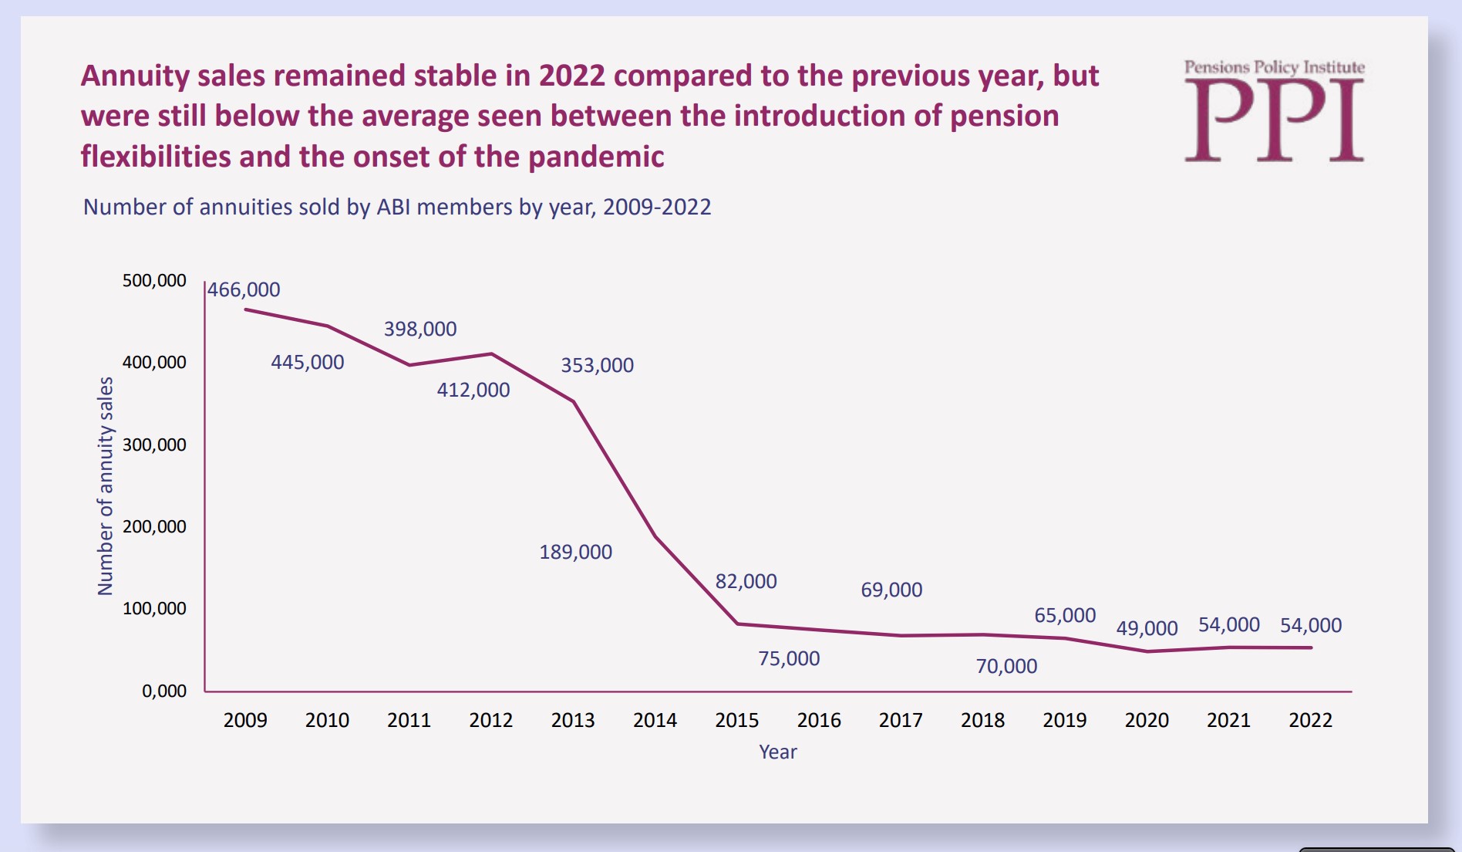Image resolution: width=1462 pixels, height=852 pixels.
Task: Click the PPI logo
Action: coord(1274,111)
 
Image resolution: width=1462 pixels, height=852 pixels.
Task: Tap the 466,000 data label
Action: coord(244,290)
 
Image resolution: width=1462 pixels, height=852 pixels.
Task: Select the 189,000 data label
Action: coord(575,553)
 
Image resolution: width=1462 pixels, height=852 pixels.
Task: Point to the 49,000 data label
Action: coord(1147,628)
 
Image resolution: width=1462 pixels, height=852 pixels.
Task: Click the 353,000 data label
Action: coord(597,366)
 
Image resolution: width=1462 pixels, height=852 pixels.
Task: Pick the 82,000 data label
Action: coord(746,582)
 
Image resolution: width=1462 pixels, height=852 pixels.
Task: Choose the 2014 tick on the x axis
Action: coord(655,720)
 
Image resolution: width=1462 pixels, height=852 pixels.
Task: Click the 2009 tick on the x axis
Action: coord(245,720)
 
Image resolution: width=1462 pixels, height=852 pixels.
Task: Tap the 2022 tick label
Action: coord(1310,720)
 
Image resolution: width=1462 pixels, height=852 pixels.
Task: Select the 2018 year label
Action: coord(982,720)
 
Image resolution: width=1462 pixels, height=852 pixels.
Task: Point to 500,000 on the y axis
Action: coord(154,281)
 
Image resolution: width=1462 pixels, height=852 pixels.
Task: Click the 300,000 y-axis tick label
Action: coord(154,445)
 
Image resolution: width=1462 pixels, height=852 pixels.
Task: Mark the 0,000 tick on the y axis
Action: coord(163,691)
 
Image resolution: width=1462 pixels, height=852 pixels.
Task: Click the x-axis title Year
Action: coord(777,752)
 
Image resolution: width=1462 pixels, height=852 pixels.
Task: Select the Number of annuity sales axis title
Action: coord(105,486)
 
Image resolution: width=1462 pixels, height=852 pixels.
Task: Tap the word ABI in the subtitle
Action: coord(393,208)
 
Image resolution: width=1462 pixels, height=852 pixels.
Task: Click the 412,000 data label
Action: coord(473,390)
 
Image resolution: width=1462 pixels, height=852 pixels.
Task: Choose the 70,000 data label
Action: coord(1006,667)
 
